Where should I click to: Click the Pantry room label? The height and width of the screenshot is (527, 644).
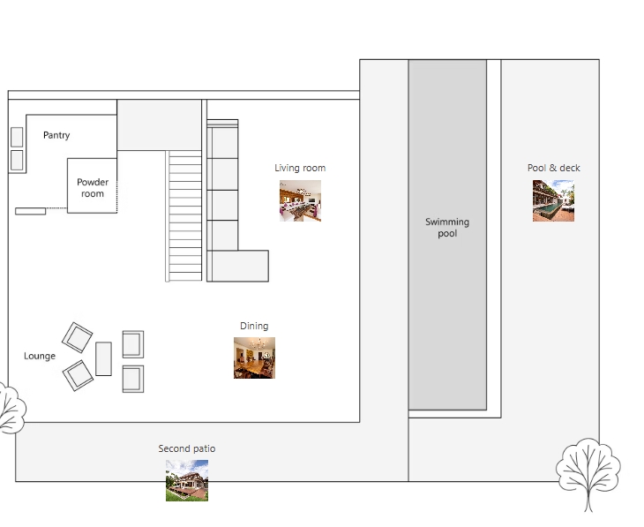(x=56, y=135)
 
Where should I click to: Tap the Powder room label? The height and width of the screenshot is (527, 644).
(x=93, y=188)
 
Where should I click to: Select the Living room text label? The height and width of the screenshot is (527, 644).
(x=300, y=168)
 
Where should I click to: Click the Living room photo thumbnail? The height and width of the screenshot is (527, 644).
(x=300, y=200)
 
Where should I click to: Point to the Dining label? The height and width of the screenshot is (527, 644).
(x=254, y=326)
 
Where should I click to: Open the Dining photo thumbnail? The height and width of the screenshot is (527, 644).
(x=255, y=358)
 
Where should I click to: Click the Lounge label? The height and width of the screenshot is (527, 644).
(x=40, y=356)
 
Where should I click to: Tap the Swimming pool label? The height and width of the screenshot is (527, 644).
(x=447, y=228)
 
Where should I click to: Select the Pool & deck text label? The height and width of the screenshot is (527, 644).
(x=554, y=168)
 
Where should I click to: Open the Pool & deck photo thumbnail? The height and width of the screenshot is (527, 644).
(x=554, y=200)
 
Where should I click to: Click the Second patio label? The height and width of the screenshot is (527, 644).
(x=187, y=448)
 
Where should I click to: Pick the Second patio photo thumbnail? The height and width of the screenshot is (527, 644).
(x=187, y=480)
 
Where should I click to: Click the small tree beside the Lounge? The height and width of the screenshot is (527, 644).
(x=12, y=408)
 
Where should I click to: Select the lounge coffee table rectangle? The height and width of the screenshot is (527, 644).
(x=103, y=359)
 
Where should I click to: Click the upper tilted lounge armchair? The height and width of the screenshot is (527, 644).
(x=78, y=337)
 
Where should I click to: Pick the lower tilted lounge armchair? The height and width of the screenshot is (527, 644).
(x=78, y=376)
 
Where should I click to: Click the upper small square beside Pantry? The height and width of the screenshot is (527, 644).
(x=17, y=137)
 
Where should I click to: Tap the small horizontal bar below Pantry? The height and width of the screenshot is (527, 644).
(x=30, y=211)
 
